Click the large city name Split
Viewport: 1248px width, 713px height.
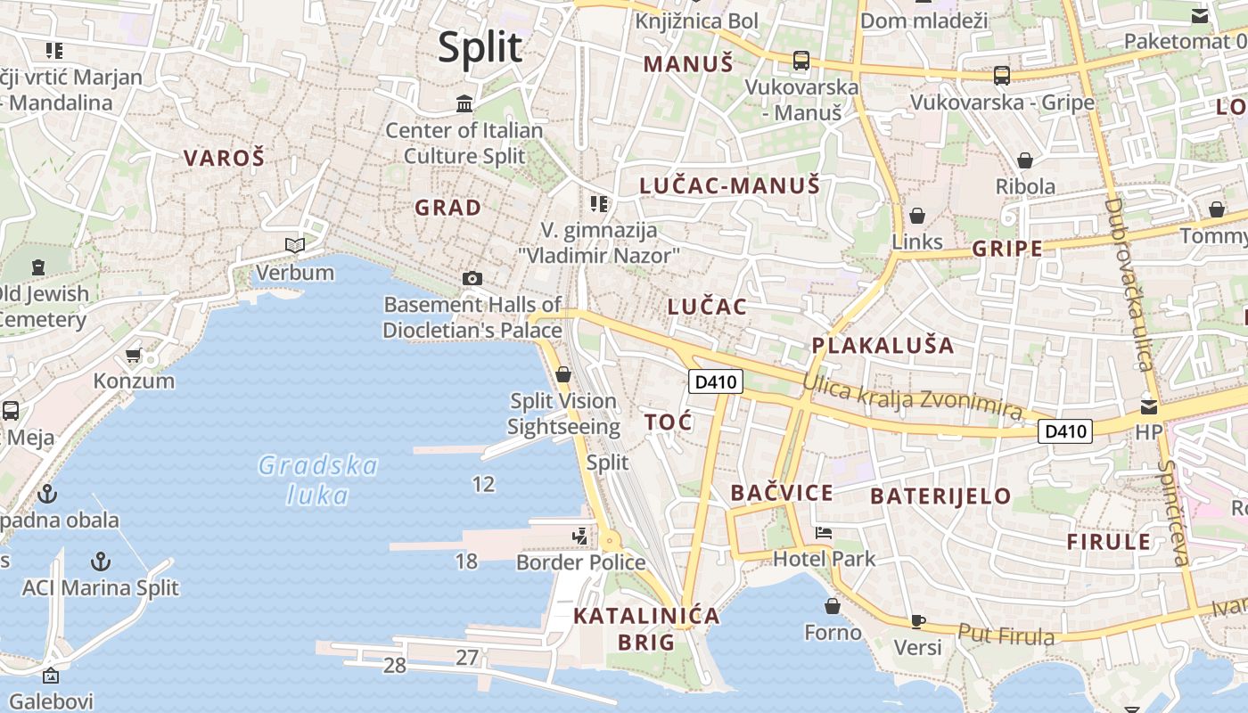480,46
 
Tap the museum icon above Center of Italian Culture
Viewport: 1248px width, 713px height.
464,104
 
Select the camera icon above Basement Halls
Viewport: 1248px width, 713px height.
472,279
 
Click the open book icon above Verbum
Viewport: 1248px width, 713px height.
294,245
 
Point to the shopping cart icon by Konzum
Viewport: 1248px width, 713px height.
134,356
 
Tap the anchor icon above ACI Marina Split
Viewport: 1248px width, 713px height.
101,561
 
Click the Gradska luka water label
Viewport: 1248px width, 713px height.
317,479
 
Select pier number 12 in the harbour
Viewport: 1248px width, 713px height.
483,484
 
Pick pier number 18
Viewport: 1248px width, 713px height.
466,561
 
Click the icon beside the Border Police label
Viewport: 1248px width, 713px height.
580,536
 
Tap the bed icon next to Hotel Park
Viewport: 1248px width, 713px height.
824,533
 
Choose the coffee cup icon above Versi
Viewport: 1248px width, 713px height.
917,621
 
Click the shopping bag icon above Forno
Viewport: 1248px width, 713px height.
833,606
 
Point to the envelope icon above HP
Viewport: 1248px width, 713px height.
1149,407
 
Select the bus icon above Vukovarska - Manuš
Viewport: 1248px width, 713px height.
801,61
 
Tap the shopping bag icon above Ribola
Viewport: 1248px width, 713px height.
1025,160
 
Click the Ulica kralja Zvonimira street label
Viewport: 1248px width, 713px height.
911,396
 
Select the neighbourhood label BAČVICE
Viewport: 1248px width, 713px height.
782,492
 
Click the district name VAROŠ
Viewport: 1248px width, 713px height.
225,158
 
